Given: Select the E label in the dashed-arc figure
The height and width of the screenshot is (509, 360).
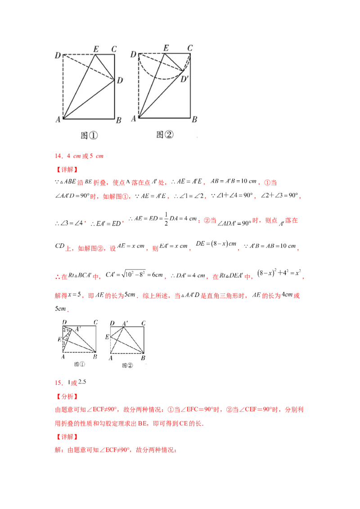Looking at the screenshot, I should click(166, 48).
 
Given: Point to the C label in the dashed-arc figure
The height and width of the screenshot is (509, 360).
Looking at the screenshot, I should click(190, 48).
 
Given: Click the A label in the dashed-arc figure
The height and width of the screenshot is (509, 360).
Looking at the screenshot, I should click(133, 119).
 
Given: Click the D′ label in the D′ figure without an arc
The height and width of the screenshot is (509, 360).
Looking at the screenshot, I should click(120, 81).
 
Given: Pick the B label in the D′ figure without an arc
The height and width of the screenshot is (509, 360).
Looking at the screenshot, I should click(118, 120).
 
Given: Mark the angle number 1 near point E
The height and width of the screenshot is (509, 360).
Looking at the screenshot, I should click(63, 343).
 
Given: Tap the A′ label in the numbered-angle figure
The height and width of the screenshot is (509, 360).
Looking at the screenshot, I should click(78, 329).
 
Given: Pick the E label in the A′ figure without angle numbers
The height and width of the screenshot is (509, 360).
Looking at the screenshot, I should click(107, 337).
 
